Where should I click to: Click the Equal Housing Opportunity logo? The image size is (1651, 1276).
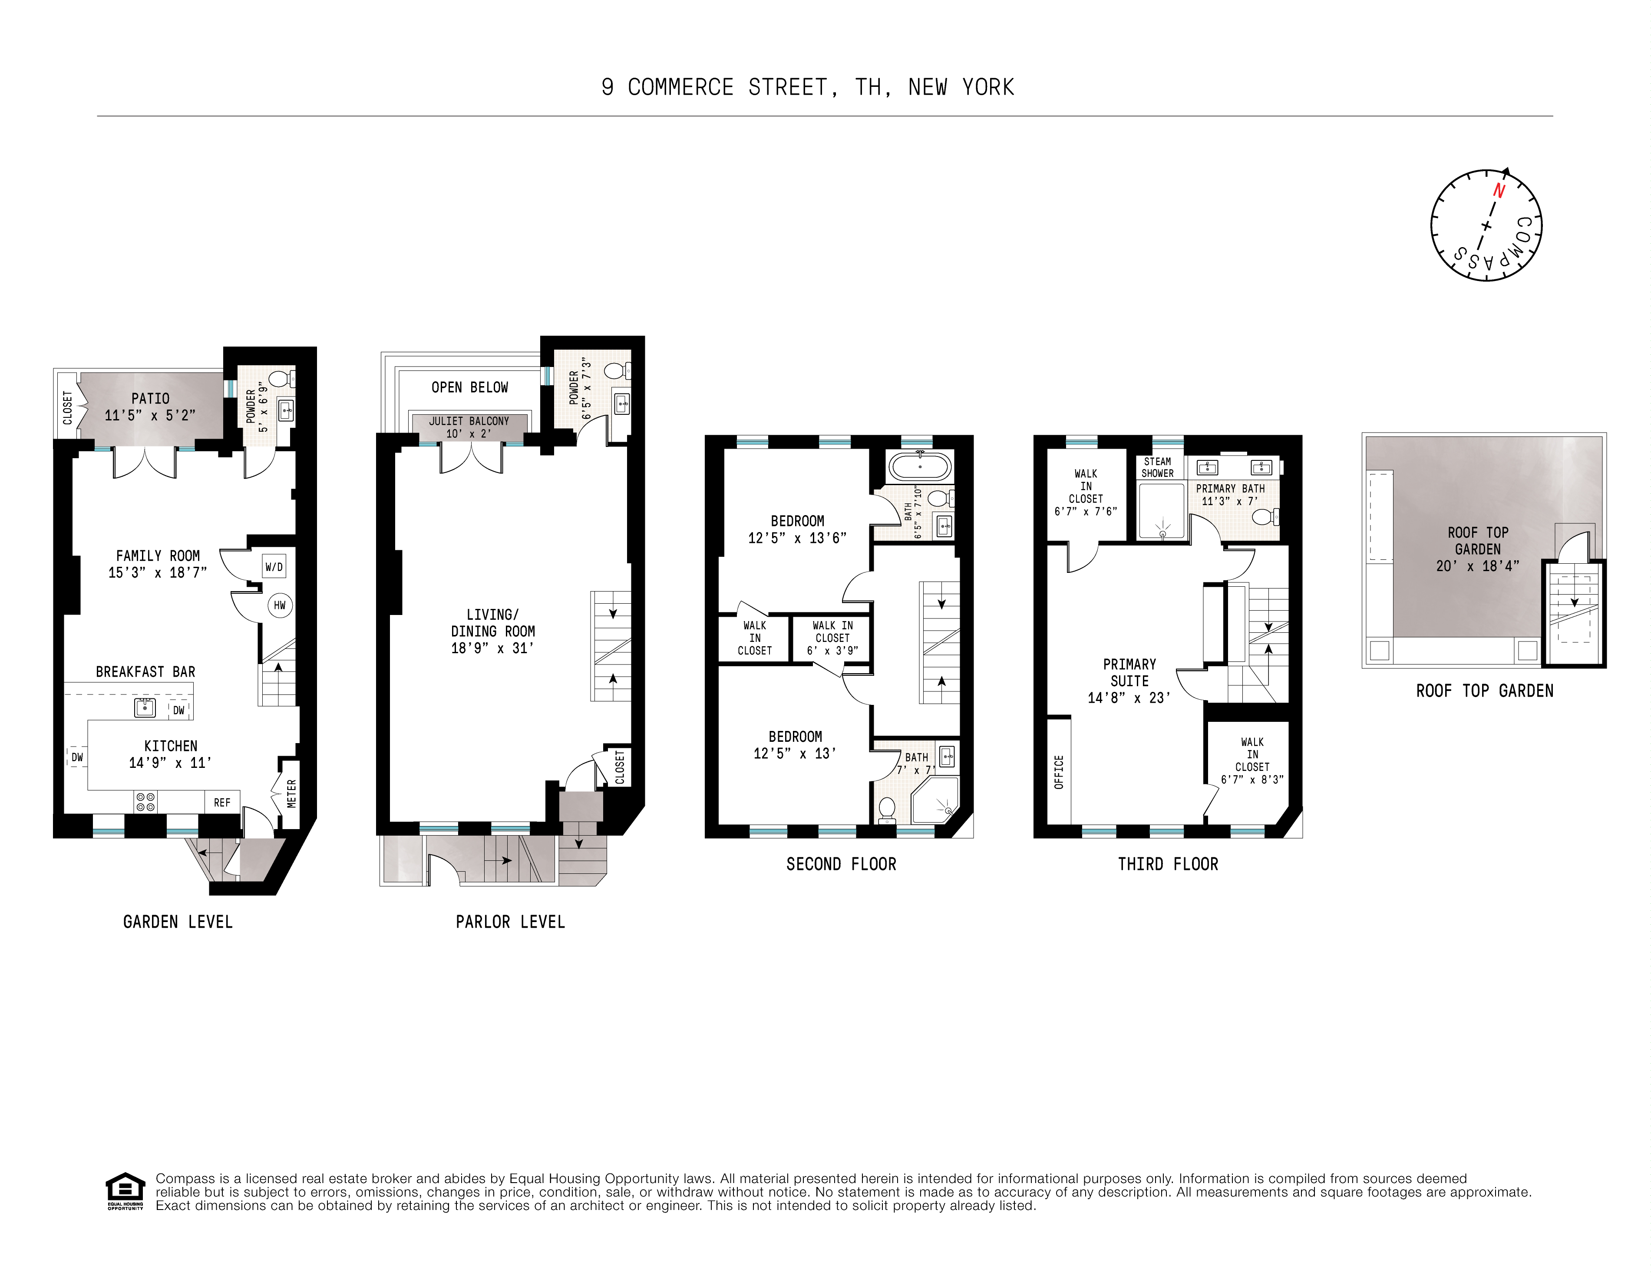(x=125, y=1191)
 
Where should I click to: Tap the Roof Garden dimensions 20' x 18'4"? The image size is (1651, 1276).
(x=1477, y=565)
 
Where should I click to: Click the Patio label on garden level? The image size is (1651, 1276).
(x=150, y=398)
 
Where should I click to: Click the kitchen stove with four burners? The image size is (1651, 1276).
(x=146, y=802)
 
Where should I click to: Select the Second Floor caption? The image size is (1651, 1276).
(x=842, y=864)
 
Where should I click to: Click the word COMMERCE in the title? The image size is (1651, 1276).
(x=680, y=88)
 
